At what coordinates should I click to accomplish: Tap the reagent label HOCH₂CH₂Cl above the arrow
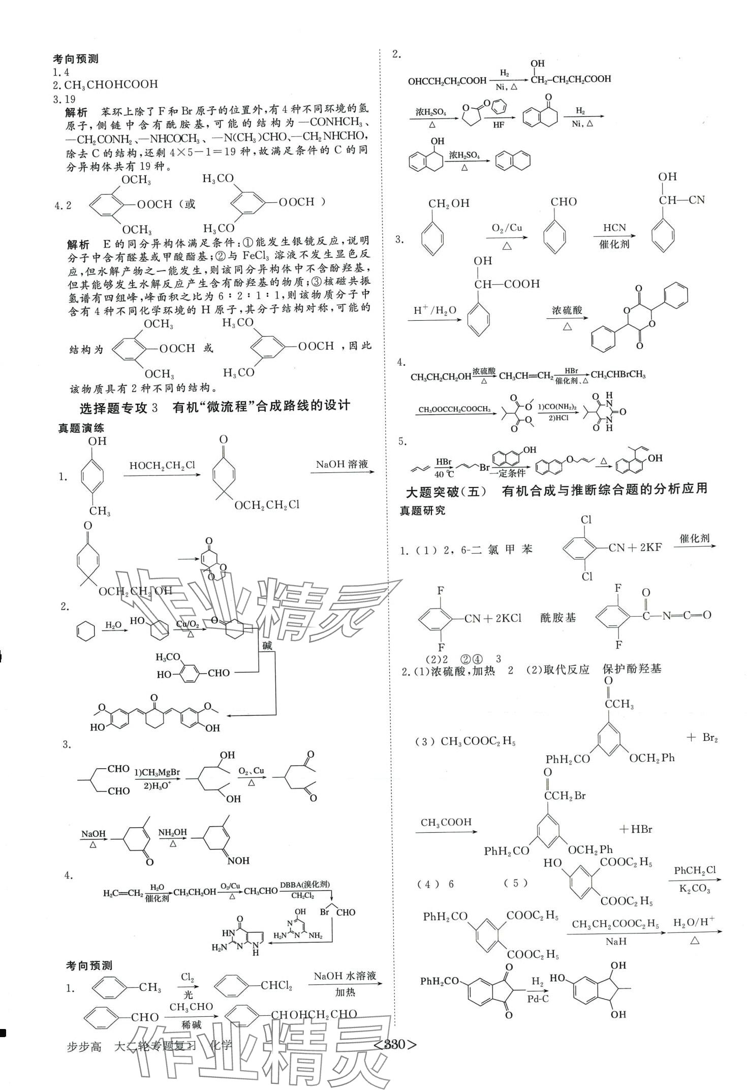(x=162, y=466)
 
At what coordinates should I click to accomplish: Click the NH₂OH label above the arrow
(x=173, y=832)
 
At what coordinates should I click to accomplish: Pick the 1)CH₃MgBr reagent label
(x=157, y=772)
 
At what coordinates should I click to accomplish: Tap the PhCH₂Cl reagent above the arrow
(x=694, y=870)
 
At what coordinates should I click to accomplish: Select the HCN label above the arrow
(x=614, y=227)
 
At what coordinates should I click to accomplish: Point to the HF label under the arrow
(x=498, y=125)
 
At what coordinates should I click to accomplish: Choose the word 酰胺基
(x=558, y=618)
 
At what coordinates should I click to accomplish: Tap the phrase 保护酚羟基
(x=632, y=669)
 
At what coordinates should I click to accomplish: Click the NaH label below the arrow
(x=616, y=942)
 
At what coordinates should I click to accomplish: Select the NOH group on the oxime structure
(x=238, y=861)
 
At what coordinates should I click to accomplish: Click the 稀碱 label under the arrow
(x=191, y=1025)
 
